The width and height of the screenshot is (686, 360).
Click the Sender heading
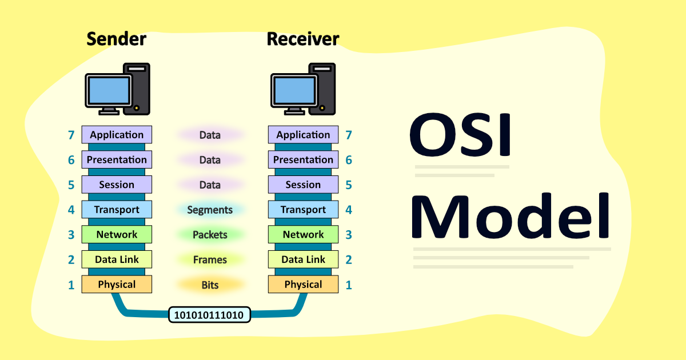pos(117,39)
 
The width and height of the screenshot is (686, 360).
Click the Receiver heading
pos(303,39)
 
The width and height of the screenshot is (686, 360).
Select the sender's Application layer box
pos(117,135)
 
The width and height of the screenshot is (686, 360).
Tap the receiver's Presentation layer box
pos(303,160)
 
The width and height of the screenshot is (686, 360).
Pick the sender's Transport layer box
pos(117,210)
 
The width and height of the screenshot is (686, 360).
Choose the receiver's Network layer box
pos(303,234)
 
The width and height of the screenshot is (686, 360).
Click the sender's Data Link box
pos(117,259)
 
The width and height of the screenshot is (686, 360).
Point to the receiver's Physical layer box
pos(303,285)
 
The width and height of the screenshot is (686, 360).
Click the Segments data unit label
pos(210,210)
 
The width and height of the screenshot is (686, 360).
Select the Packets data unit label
pos(210,235)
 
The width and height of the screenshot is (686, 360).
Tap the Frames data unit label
pos(210,260)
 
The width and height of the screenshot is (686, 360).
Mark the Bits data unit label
pos(210,285)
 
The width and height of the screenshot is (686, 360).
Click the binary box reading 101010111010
pos(209,315)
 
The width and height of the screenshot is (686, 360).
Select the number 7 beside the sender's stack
pos(71,135)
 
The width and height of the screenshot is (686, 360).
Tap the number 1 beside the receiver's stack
pos(349,285)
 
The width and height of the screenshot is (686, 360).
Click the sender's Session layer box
pos(117,185)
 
